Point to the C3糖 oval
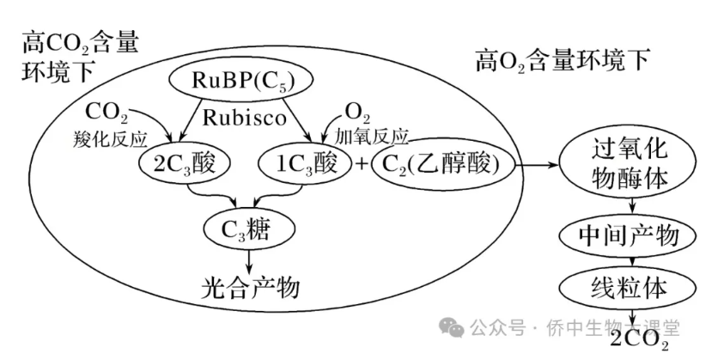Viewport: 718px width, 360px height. tap(249, 228)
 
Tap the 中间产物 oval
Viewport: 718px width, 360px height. tap(631, 235)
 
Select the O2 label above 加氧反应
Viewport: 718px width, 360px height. tap(359, 113)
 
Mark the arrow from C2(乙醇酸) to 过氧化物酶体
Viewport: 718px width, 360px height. tap(539, 161)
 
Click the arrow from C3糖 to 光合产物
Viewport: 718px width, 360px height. tap(249, 258)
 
